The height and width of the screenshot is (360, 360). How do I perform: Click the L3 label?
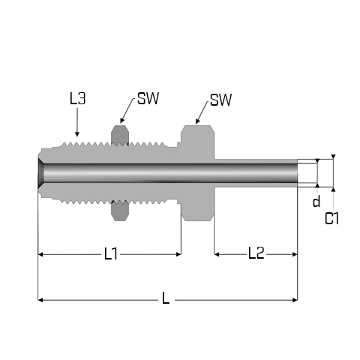pos(77,98)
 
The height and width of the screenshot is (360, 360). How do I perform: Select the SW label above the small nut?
pos(148,98)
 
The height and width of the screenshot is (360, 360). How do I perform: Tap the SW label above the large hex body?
pos(220,100)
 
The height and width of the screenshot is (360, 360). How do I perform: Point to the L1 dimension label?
pos(110,254)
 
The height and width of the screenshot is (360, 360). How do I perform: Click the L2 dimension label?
pos(256,253)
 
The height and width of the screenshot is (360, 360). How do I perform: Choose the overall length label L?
pos(166,298)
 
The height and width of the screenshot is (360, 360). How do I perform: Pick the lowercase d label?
pos(316,201)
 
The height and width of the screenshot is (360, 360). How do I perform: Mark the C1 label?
pos(331,218)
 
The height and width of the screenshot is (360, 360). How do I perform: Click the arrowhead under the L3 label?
pos(77,134)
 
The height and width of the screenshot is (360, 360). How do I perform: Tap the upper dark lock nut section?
pos(120,135)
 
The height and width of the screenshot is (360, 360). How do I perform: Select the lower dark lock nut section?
pos(120,211)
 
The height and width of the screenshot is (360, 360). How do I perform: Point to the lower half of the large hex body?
pos(197,204)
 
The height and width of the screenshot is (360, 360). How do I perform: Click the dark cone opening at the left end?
pos(41,173)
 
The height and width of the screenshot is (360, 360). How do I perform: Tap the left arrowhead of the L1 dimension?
pos(40,254)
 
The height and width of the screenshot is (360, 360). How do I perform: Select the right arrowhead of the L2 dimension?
pos(295,254)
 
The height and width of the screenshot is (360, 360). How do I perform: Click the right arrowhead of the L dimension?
pos(295,300)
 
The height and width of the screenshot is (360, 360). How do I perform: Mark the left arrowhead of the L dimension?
pos(40,300)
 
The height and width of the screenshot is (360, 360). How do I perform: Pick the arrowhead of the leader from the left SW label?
pos(121,121)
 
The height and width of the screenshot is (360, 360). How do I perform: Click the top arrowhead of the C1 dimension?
pos(333,157)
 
